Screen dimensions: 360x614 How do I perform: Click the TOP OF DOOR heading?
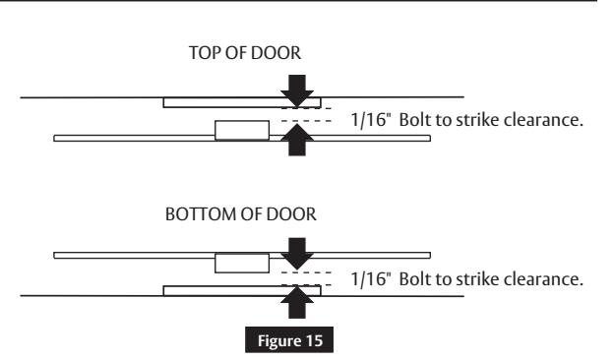pos(254,58)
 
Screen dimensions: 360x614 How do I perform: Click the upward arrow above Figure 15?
pos(299,305)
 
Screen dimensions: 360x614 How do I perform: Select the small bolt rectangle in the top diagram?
pos(241,130)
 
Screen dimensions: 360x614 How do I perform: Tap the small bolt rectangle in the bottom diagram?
pos(241,262)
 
